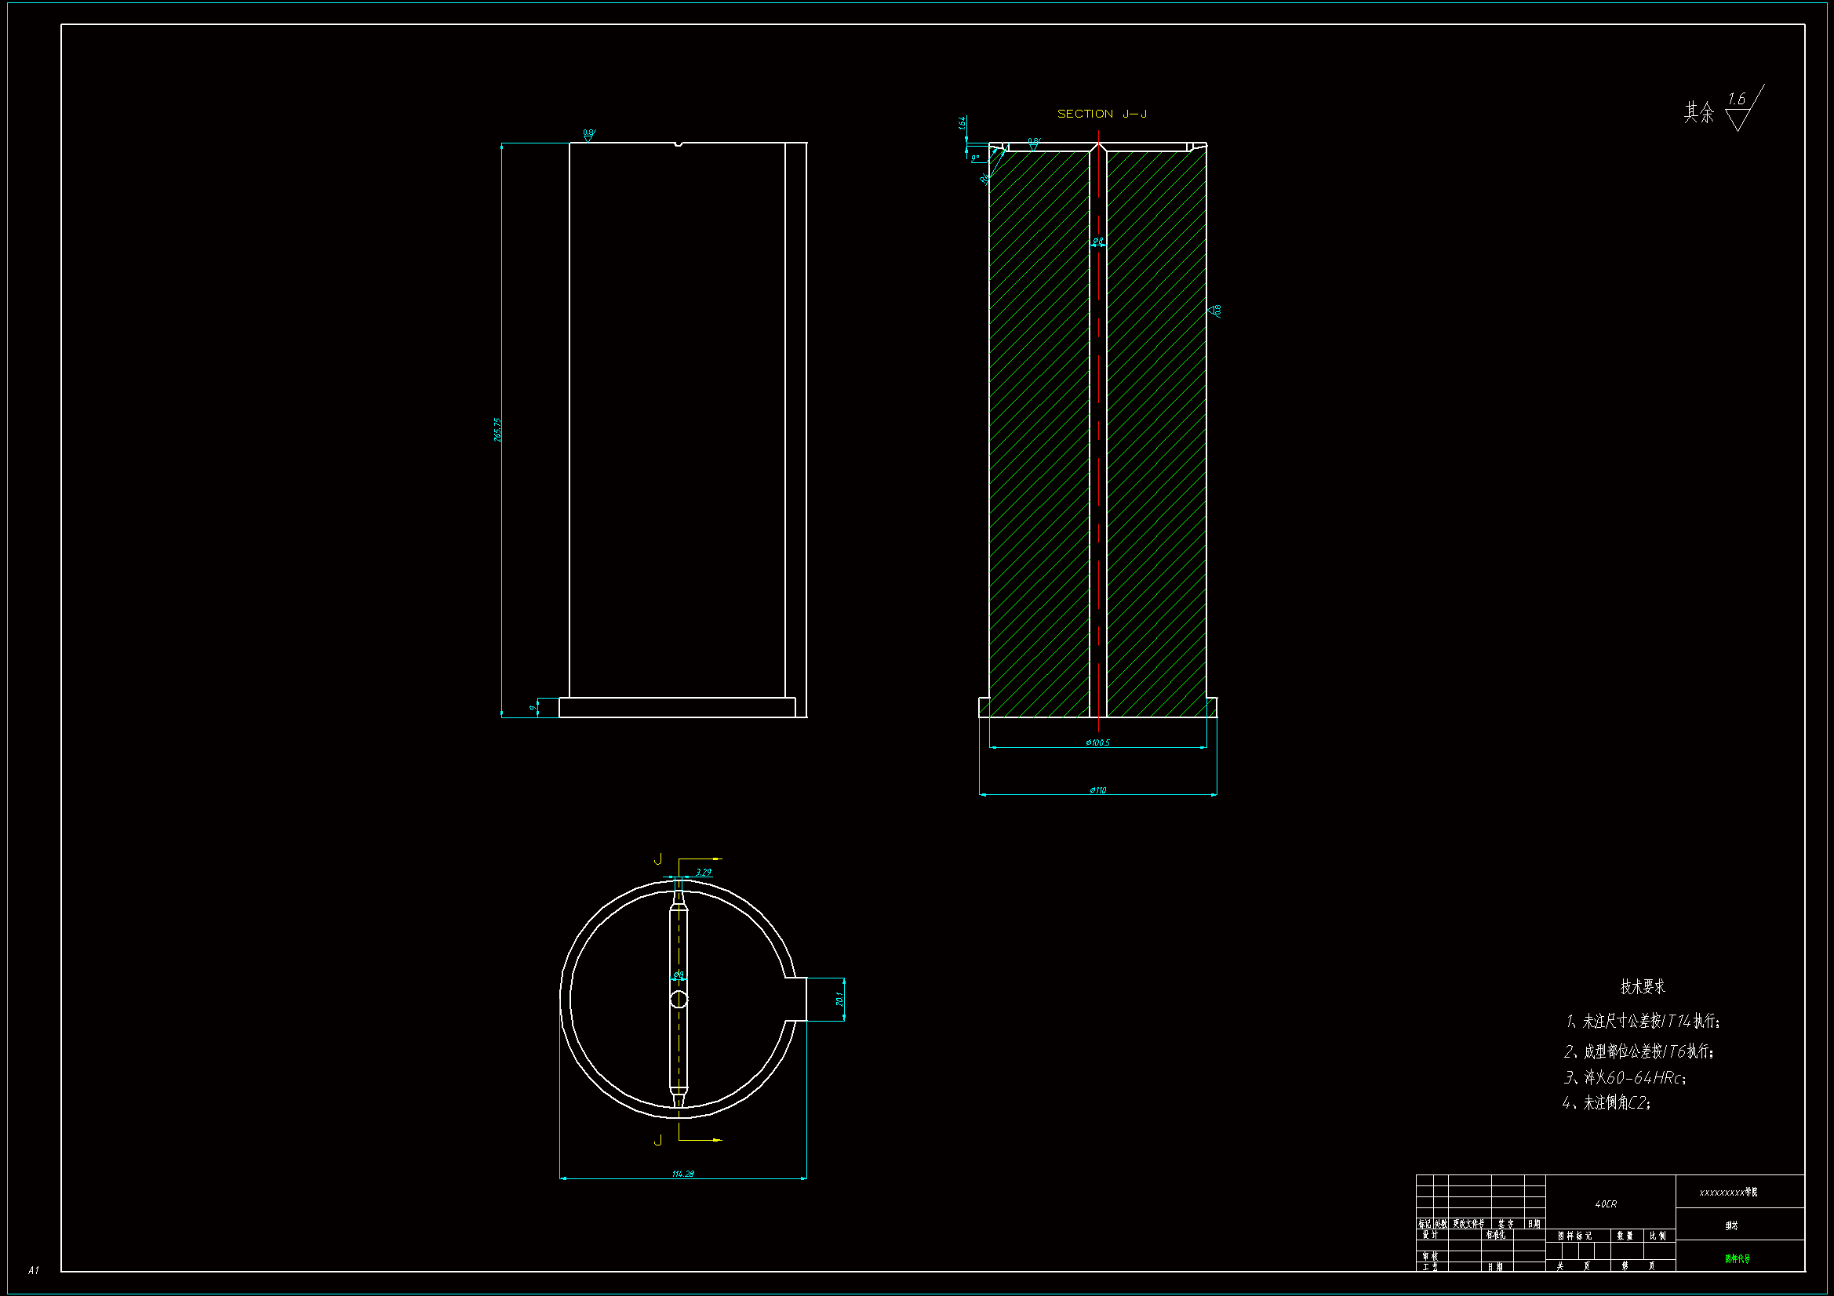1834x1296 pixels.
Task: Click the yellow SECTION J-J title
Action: [x=1102, y=114]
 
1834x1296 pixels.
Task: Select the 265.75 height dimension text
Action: [x=498, y=430]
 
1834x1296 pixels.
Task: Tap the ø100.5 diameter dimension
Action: [x=1098, y=742]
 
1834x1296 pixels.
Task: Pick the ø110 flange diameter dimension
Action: [x=1098, y=790]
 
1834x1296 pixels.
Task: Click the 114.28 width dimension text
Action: [x=683, y=1174]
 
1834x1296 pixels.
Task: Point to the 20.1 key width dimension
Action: [x=839, y=999]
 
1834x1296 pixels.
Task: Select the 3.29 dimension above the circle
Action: [x=704, y=873]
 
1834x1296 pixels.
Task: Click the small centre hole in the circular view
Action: [x=679, y=1000]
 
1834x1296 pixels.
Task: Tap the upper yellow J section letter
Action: [x=658, y=859]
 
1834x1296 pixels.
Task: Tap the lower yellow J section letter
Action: [x=658, y=1140]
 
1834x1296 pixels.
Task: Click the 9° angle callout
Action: [x=975, y=158]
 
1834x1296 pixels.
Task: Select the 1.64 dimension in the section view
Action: [x=962, y=123]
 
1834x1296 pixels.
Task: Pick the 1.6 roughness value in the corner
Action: [x=1737, y=100]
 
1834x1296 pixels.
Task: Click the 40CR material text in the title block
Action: [x=1606, y=1204]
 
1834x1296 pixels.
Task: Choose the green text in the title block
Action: [x=1738, y=1259]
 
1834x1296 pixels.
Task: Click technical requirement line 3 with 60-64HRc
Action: [x=1625, y=1078]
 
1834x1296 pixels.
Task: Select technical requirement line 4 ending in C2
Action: [x=1607, y=1104]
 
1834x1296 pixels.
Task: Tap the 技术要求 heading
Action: [x=1643, y=987]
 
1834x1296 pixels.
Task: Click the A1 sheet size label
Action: [x=34, y=1270]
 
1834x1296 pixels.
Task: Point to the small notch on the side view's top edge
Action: [x=679, y=144]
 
